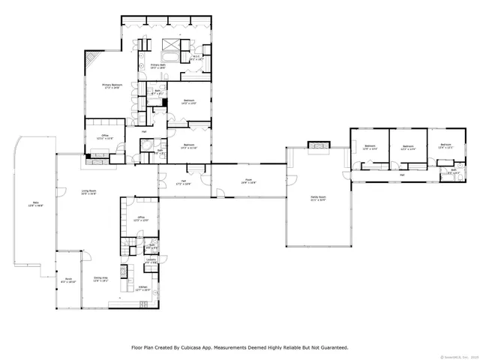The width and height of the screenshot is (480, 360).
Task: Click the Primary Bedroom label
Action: coord(112,85)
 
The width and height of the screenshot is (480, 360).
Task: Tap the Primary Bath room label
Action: coord(157,66)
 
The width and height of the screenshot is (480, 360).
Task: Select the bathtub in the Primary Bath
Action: coord(168,58)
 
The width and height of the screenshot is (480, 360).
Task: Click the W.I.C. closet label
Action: coord(196,57)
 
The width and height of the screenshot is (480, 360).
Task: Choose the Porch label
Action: coord(67,280)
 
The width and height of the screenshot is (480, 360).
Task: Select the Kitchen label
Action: coord(142,288)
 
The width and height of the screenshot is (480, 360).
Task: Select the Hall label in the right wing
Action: coord(402,175)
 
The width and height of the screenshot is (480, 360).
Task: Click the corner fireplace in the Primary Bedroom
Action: coord(90,60)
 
